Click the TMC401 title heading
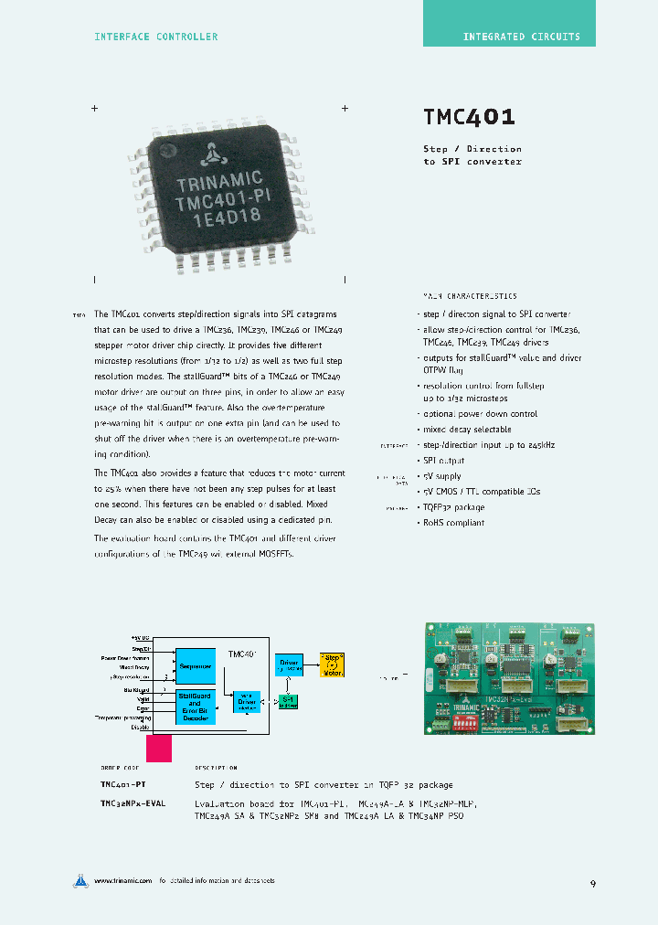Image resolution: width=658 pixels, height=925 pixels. pyautogui.click(x=469, y=117)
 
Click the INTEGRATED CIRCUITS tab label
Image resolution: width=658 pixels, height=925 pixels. pyautogui.click(x=521, y=37)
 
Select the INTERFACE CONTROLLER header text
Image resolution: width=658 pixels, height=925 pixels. pyautogui.click(x=156, y=37)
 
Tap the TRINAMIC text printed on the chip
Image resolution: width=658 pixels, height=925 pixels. pyautogui.click(x=219, y=178)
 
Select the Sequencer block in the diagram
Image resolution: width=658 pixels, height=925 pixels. pyautogui.click(x=196, y=666)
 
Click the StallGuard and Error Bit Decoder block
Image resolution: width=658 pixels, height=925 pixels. pyautogui.click(x=196, y=707)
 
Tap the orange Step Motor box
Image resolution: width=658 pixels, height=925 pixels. pyautogui.click(x=331, y=665)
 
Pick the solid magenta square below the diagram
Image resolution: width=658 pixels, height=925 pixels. pyautogui.click(x=159, y=748)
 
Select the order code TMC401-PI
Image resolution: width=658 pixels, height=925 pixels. pyautogui.click(x=123, y=785)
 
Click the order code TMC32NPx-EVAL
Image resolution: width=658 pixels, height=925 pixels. pyautogui.click(x=133, y=803)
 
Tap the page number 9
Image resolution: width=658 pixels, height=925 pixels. pyautogui.click(x=593, y=884)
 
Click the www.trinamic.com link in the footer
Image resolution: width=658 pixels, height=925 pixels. pyautogui.click(x=122, y=881)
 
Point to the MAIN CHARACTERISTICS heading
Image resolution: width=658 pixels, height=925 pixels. pyautogui.click(x=469, y=296)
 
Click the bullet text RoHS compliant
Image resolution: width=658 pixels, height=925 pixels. pyautogui.click(x=454, y=523)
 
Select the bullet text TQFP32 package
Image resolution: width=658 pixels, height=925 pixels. pyautogui.click(x=453, y=507)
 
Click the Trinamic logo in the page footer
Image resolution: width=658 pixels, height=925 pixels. pyautogui.click(x=81, y=881)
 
